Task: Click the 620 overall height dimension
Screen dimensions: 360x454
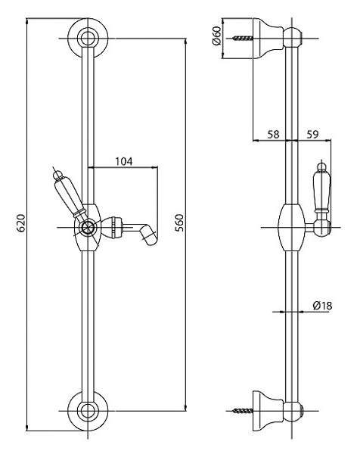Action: point(21,223)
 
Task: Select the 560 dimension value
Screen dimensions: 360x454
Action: point(179,223)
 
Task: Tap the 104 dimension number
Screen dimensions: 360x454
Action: point(124,161)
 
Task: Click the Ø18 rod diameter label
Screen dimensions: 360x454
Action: point(322,306)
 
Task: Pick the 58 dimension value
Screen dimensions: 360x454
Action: point(273,135)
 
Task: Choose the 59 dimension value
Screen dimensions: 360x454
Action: point(312,135)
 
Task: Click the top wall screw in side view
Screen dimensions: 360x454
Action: point(243,38)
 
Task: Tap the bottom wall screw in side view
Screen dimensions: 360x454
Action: point(243,411)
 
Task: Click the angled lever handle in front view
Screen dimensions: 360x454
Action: point(69,195)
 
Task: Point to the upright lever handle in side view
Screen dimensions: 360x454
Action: point(321,188)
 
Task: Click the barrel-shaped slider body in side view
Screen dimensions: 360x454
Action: point(291,227)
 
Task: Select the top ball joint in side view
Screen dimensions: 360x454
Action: point(292,38)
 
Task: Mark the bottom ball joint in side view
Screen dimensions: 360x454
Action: point(292,411)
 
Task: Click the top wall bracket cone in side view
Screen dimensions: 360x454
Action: point(268,38)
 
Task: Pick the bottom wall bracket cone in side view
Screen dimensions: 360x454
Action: point(268,411)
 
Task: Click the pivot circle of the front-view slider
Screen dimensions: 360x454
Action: point(87,228)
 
